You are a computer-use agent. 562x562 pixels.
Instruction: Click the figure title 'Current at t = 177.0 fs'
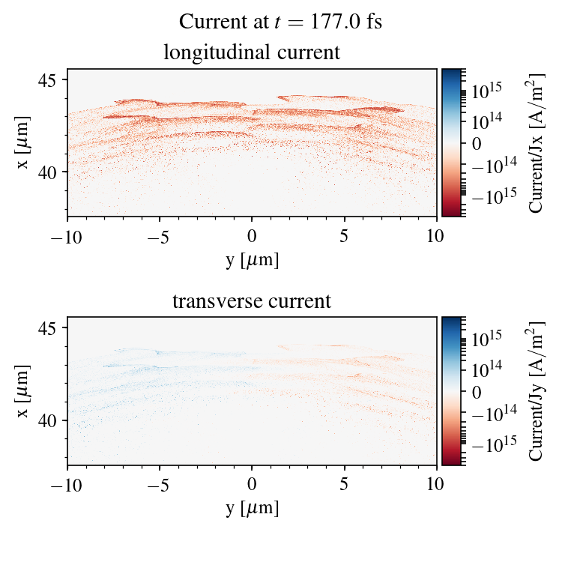point(280,21)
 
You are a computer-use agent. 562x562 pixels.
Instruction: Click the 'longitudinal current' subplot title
point(252,53)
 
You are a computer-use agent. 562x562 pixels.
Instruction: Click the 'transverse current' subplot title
point(252,302)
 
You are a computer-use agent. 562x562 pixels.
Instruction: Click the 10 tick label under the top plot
point(437,235)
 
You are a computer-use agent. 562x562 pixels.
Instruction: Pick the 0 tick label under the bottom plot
point(253,483)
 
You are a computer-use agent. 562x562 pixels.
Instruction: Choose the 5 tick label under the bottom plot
point(345,483)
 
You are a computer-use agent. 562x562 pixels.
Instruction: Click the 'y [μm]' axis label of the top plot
point(252,259)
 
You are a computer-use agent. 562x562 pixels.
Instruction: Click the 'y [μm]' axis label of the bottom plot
point(252,508)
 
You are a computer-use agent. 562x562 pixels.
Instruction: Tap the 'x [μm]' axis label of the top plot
point(25,142)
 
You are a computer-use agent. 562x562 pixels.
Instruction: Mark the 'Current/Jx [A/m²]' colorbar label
point(537,142)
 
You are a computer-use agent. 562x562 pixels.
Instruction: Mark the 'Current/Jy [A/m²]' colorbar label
point(537,391)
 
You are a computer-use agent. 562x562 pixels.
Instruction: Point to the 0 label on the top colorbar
point(475,142)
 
